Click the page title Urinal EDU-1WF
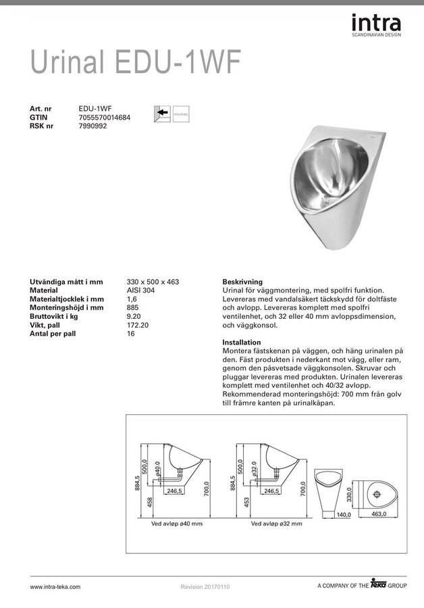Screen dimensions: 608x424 click(x=135, y=63)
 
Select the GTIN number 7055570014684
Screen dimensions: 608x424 click(x=105, y=117)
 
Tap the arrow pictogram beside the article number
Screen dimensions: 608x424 click(x=162, y=113)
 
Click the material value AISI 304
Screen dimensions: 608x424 click(x=141, y=290)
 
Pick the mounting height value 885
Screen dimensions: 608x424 click(x=132, y=307)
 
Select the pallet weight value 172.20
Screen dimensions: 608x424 click(x=137, y=325)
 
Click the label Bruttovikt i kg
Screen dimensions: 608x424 click(x=55, y=316)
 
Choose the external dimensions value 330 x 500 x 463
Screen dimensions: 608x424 click(x=153, y=281)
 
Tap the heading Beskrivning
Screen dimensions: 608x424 click(x=242, y=281)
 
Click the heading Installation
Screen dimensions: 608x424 click(x=241, y=343)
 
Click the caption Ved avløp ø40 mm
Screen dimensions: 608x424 click(x=177, y=524)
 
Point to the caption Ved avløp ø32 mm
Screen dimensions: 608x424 click(x=276, y=524)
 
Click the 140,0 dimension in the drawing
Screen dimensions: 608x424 click(x=344, y=514)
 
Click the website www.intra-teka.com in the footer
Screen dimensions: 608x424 click(x=55, y=587)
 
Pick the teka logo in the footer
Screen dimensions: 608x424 click(x=383, y=585)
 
